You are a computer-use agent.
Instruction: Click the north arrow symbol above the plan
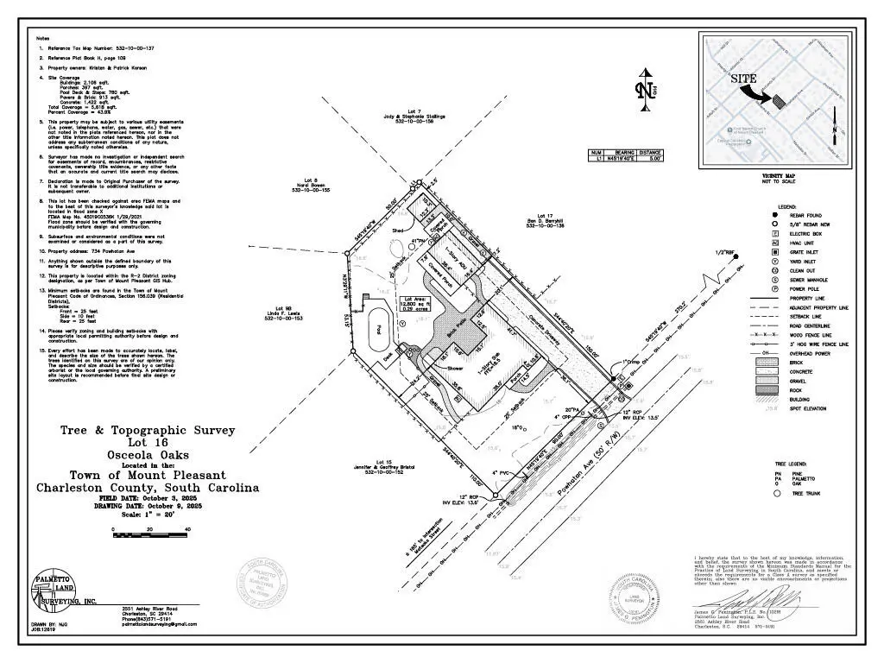pos(644,89)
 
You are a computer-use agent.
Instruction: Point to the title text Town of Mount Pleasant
pos(148,475)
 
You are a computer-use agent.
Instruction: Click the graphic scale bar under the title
pos(150,528)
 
